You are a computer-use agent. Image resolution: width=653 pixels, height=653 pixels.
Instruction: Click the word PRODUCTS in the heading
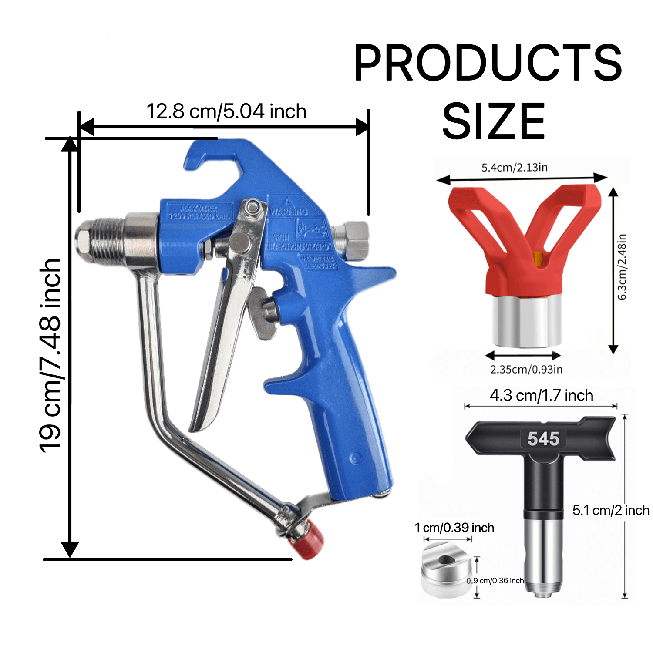click(x=488, y=63)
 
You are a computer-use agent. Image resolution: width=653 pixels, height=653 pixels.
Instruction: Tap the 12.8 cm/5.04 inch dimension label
click(x=226, y=111)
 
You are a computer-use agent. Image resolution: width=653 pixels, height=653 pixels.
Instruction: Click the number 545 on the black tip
click(x=543, y=439)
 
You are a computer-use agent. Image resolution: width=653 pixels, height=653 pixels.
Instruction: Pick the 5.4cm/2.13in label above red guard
click(x=514, y=168)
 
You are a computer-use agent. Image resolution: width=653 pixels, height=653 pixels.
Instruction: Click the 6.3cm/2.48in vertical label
click(x=622, y=267)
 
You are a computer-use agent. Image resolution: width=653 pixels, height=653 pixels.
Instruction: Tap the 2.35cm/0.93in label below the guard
click(x=526, y=370)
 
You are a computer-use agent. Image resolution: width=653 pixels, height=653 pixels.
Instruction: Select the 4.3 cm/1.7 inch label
click(x=541, y=395)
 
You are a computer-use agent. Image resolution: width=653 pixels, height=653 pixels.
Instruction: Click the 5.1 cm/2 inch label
click(x=610, y=510)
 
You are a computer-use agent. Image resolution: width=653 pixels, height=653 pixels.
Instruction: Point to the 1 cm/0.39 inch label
click(x=454, y=528)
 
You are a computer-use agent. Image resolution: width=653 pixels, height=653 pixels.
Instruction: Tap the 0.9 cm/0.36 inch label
click(x=495, y=581)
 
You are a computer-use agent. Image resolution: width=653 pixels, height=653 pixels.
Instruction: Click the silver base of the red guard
click(x=526, y=322)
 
